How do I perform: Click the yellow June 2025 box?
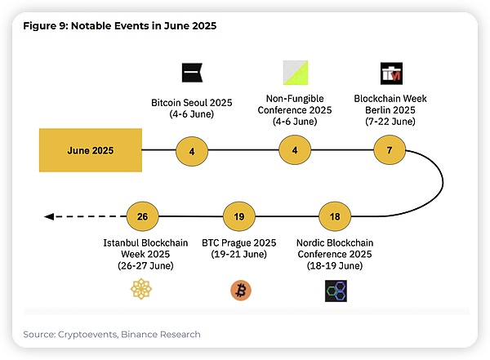click(90, 150)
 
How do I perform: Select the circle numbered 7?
click(390, 150)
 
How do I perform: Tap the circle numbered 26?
click(142, 216)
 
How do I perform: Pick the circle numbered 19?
click(239, 216)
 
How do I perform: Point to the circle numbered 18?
click(336, 216)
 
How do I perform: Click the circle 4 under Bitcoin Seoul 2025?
click(192, 150)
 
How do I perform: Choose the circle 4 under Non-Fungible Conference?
click(294, 150)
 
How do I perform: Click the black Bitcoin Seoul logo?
click(191, 72)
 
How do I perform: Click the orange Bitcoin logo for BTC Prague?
click(241, 290)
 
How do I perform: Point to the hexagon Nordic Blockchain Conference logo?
click(336, 291)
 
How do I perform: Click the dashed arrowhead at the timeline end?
click(48, 216)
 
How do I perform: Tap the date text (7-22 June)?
click(390, 122)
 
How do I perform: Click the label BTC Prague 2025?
click(239, 242)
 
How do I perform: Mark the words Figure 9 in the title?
click(45, 26)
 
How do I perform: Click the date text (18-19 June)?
click(336, 266)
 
